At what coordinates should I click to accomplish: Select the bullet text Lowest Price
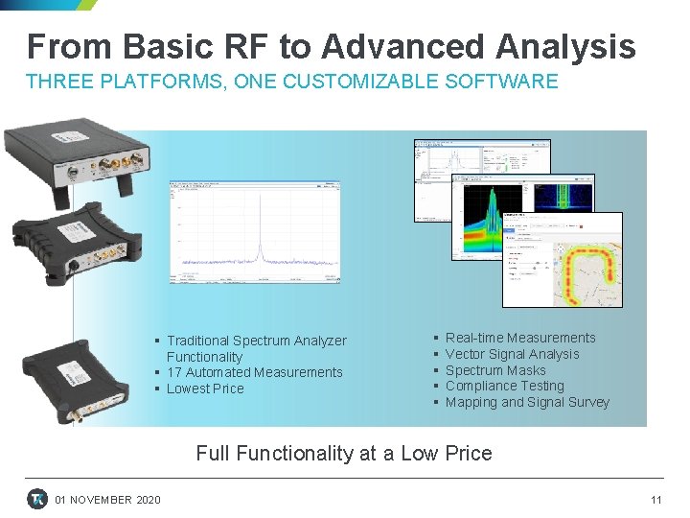[x=205, y=388]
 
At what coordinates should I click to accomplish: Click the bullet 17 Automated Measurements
[x=255, y=372]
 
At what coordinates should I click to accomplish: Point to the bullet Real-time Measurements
[x=520, y=338]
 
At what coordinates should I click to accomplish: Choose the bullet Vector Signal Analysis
[x=512, y=354]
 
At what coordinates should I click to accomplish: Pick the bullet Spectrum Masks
[x=495, y=370]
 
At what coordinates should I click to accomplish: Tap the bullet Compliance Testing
[x=504, y=386]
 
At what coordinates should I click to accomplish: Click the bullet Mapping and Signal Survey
[x=527, y=402]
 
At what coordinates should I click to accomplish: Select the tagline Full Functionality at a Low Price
[x=344, y=454]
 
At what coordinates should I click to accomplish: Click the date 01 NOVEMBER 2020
[x=108, y=500]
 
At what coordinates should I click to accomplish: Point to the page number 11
[x=656, y=500]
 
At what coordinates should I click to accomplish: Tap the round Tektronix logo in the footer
[x=37, y=499]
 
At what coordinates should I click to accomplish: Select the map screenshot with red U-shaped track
[x=563, y=261]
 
